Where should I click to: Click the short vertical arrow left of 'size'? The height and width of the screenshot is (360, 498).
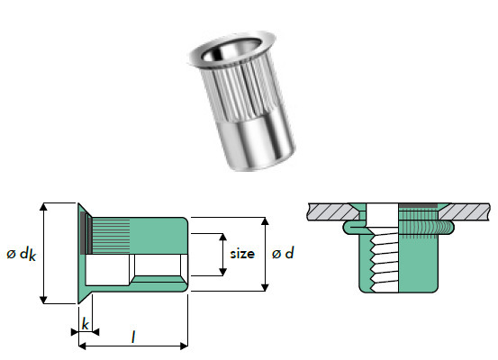(x=222, y=254)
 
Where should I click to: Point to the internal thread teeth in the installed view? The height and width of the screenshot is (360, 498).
(x=379, y=256)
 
